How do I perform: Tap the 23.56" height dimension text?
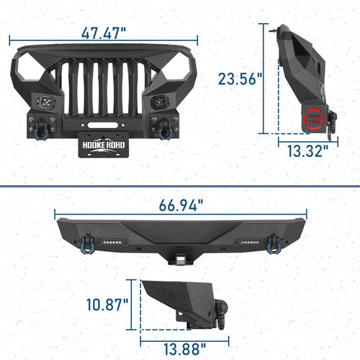[x=240, y=78]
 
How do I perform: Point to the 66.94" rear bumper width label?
[x=180, y=205]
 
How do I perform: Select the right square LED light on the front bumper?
[x=158, y=102]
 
